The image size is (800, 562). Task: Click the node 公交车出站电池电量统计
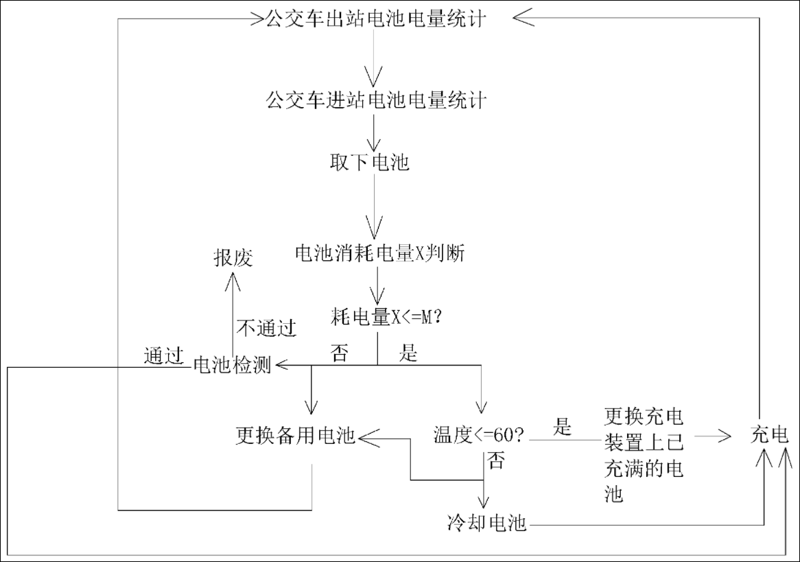(376, 19)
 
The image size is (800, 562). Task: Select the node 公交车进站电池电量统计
(376, 102)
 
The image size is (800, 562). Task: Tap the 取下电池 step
(369, 163)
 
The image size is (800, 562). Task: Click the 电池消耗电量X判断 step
(379, 255)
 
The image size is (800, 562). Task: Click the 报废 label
(233, 258)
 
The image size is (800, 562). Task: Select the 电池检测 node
(232, 366)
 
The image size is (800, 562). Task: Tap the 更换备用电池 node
(295, 435)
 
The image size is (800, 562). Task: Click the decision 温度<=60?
(479, 435)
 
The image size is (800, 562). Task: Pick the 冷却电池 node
(486, 524)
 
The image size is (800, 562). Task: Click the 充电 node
(770, 435)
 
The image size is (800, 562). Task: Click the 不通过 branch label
(266, 328)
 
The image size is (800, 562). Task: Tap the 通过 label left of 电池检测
(164, 355)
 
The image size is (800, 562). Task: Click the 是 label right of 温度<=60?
(563, 428)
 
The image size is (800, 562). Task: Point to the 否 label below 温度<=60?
(497, 460)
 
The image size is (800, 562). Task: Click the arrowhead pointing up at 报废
(233, 278)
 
